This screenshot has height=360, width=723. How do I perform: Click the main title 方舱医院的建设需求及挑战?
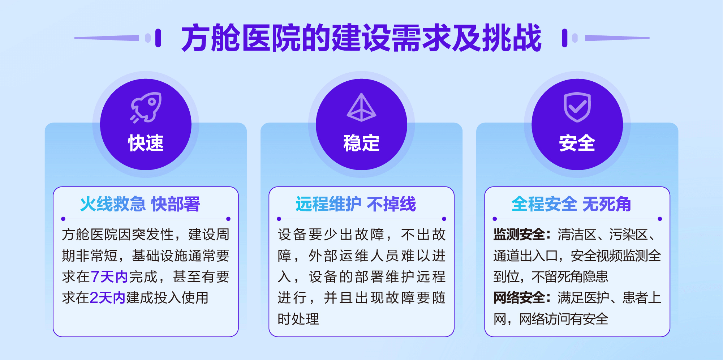click(x=361, y=38)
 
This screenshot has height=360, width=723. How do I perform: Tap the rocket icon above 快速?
click(x=146, y=107)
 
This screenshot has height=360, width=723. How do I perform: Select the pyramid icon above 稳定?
click(x=361, y=107)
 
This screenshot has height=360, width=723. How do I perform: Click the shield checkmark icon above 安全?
click(x=577, y=107)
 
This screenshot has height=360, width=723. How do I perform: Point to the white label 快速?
click(x=146, y=143)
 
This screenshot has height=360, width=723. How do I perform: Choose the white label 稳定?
click(x=361, y=143)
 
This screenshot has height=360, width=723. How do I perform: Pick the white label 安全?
click(x=577, y=143)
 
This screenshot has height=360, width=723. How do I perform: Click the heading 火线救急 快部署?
click(x=140, y=204)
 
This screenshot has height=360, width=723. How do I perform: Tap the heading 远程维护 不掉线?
click(x=356, y=204)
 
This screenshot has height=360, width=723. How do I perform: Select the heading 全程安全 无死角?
click(x=571, y=204)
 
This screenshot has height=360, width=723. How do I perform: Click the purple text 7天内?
click(x=109, y=277)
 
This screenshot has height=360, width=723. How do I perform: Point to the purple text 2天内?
click(x=107, y=298)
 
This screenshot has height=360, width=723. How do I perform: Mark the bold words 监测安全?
click(x=519, y=235)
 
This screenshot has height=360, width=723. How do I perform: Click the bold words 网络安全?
click(x=519, y=298)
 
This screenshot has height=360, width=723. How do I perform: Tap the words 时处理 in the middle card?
click(x=298, y=319)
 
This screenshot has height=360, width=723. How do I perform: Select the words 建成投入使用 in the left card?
click(x=167, y=298)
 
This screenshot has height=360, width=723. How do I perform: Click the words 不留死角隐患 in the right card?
click(x=570, y=277)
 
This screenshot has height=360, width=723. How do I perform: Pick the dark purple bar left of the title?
click(x=158, y=38)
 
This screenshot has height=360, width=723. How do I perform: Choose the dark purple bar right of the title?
click(x=565, y=38)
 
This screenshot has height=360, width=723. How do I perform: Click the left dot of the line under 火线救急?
click(x=63, y=219)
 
